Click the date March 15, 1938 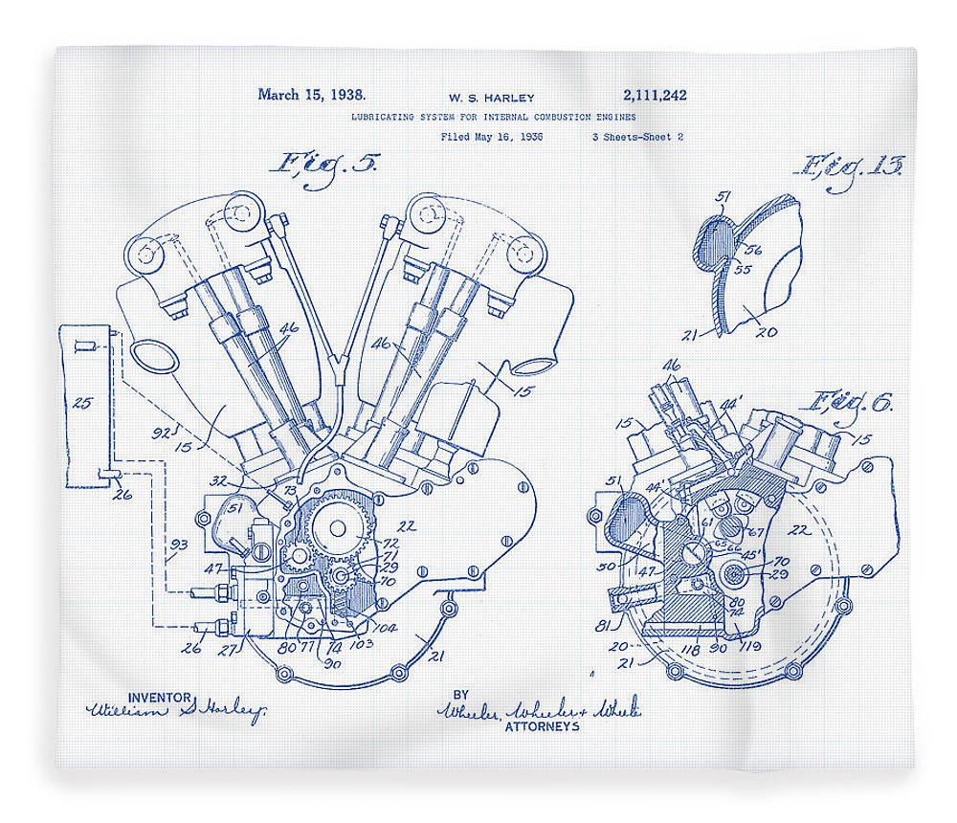point(311,95)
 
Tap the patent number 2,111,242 point(654,96)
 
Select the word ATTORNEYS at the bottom point(542,726)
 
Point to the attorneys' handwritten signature point(539,710)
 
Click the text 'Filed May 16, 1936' point(492,137)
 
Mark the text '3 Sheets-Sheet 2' point(637,137)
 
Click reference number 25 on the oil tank point(83,404)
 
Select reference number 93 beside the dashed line point(179,545)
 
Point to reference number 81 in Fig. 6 point(603,627)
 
